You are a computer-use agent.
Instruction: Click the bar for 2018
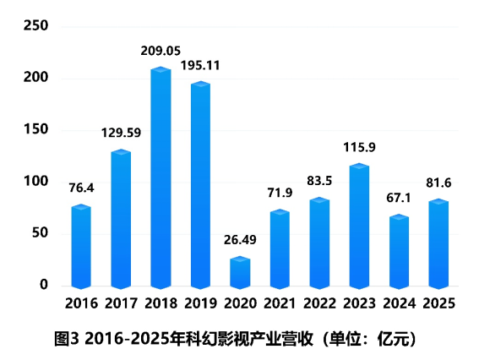[161, 177]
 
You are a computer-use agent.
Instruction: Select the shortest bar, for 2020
[240, 272]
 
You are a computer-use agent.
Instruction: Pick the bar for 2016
[81, 246]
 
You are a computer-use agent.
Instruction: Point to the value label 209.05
[161, 52]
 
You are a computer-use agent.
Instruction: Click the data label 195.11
[200, 64]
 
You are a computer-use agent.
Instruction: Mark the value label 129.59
[121, 133]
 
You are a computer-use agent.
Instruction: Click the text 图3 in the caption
[66, 340]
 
